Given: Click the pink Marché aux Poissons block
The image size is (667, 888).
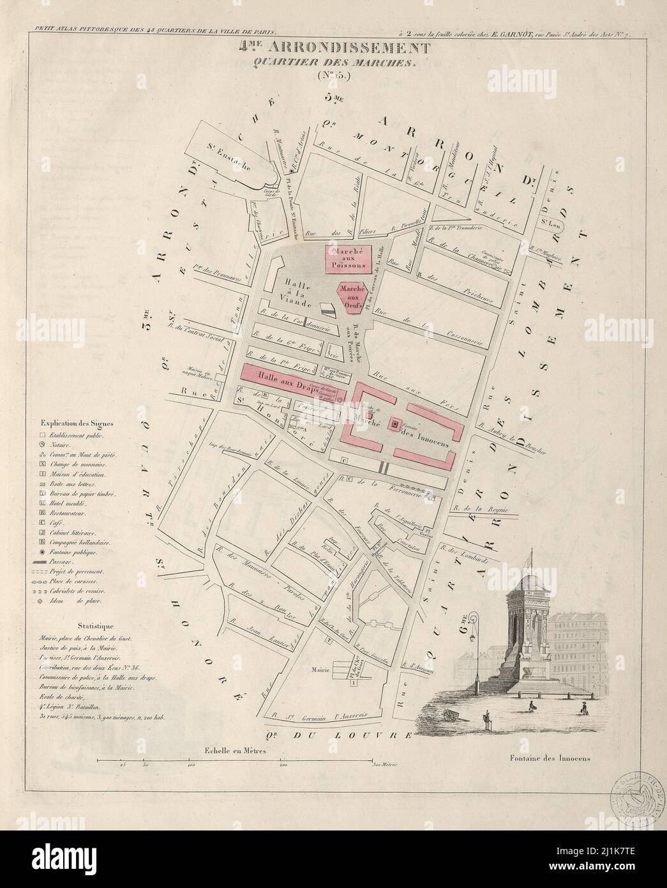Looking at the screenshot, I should [x=348, y=259].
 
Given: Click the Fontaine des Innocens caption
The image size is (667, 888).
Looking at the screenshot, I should [x=550, y=760].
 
